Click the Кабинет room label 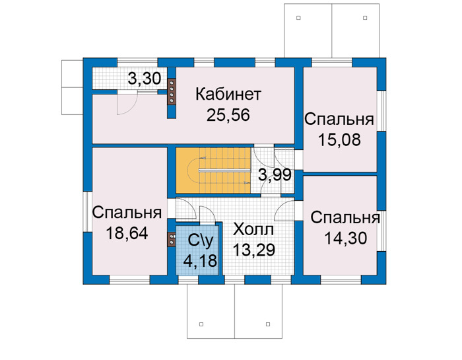pyautogui.click(x=228, y=94)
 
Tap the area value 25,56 pyautogui.click(x=228, y=115)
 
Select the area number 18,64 pyautogui.click(x=127, y=234)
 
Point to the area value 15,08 pyautogui.click(x=339, y=140)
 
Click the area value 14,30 pyautogui.click(x=346, y=238)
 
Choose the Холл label pyautogui.click(x=253, y=229)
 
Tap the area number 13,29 pyautogui.click(x=254, y=250)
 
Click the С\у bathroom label pyautogui.click(x=201, y=241)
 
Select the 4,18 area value pyautogui.click(x=200, y=261)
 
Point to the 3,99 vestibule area pyautogui.click(x=275, y=175)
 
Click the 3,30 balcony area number pyautogui.click(x=145, y=79)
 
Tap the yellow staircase pyautogui.click(x=213, y=170)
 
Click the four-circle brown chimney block pyautogui.click(x=172, y=91)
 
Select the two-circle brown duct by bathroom pyautogui.click(x=172, y=239)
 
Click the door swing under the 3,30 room pyautogui.click(x=127, y=103)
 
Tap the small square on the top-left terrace pyautogui.click(x=298, y=18)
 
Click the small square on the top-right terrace pyautogui.click(x=365, y=18)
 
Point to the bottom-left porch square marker pyautogui.click(x=201, y=324)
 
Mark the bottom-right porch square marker pyautogui.click(x=268, y=324)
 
